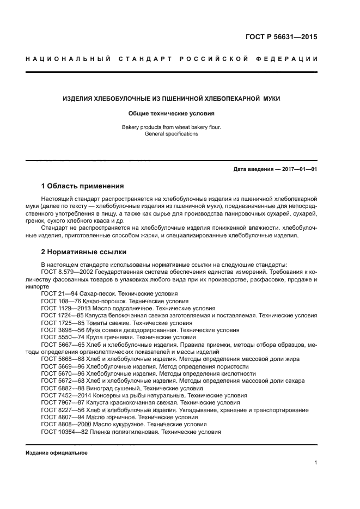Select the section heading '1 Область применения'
coord(83,186)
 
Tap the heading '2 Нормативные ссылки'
coord(84,252)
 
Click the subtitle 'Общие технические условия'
coord(171,114)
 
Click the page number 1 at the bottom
coord(316,463)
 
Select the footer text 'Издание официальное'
coord(57,453)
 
